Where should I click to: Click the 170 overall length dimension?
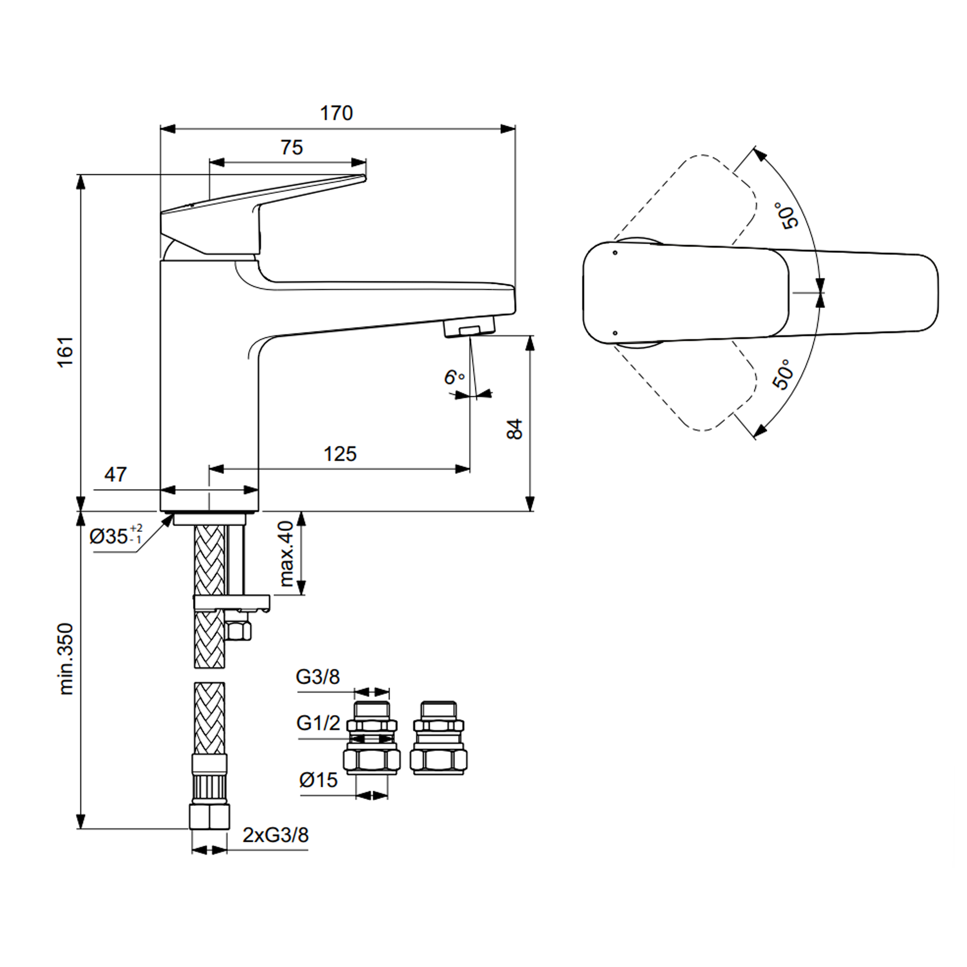coord(337,114)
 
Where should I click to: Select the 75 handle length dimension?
coord(292,147)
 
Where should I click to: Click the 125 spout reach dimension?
coord(340,454)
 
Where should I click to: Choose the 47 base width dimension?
coord(116,474)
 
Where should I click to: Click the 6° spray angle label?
coord(454,378)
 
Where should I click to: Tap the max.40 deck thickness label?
coord(286,554)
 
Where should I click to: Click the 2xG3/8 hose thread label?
coord(276,835)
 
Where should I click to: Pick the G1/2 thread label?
coord(318,723)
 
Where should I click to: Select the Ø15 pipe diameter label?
coord(319,780)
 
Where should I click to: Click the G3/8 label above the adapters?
coord(318,677)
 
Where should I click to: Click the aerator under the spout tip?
coord(469,329)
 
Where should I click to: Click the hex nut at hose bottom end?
coord(209,817)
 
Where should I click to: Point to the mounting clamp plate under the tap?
coord(231,601)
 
